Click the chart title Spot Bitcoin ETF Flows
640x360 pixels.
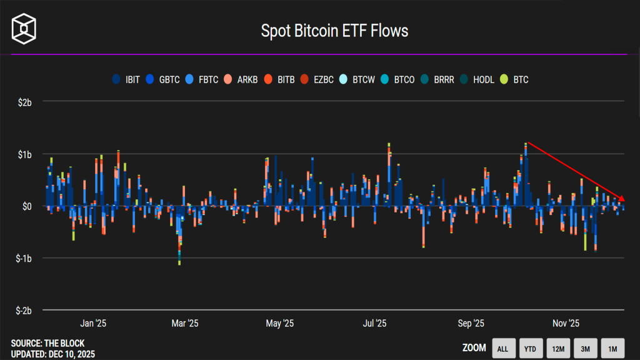coord(334,31)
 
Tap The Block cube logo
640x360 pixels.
coord(24,27)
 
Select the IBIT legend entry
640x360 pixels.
coord(126,79)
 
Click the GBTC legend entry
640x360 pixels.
coord(163,79)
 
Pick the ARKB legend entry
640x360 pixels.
coord(241,79)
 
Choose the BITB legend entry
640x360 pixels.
coord(279,79)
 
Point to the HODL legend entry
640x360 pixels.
coord(476,79)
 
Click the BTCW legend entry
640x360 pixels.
coord(357,79)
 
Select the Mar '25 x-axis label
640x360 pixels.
coord(184,323)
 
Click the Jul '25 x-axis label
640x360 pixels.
coord(374,323)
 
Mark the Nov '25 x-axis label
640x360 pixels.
coord(566,323)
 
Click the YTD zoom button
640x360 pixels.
coord(530,349)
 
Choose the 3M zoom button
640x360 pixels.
coord(585,349)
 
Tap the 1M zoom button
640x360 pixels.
coord(612,349)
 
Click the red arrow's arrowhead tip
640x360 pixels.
coord(624,201)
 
